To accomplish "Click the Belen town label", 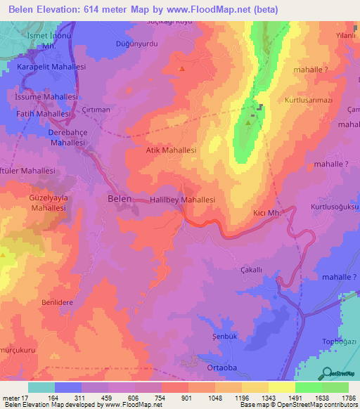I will pos(119,200).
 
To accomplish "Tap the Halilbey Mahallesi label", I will pos(182,200).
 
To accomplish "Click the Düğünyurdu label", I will pos(134,43).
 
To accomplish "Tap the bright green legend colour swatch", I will pos(308,387).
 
